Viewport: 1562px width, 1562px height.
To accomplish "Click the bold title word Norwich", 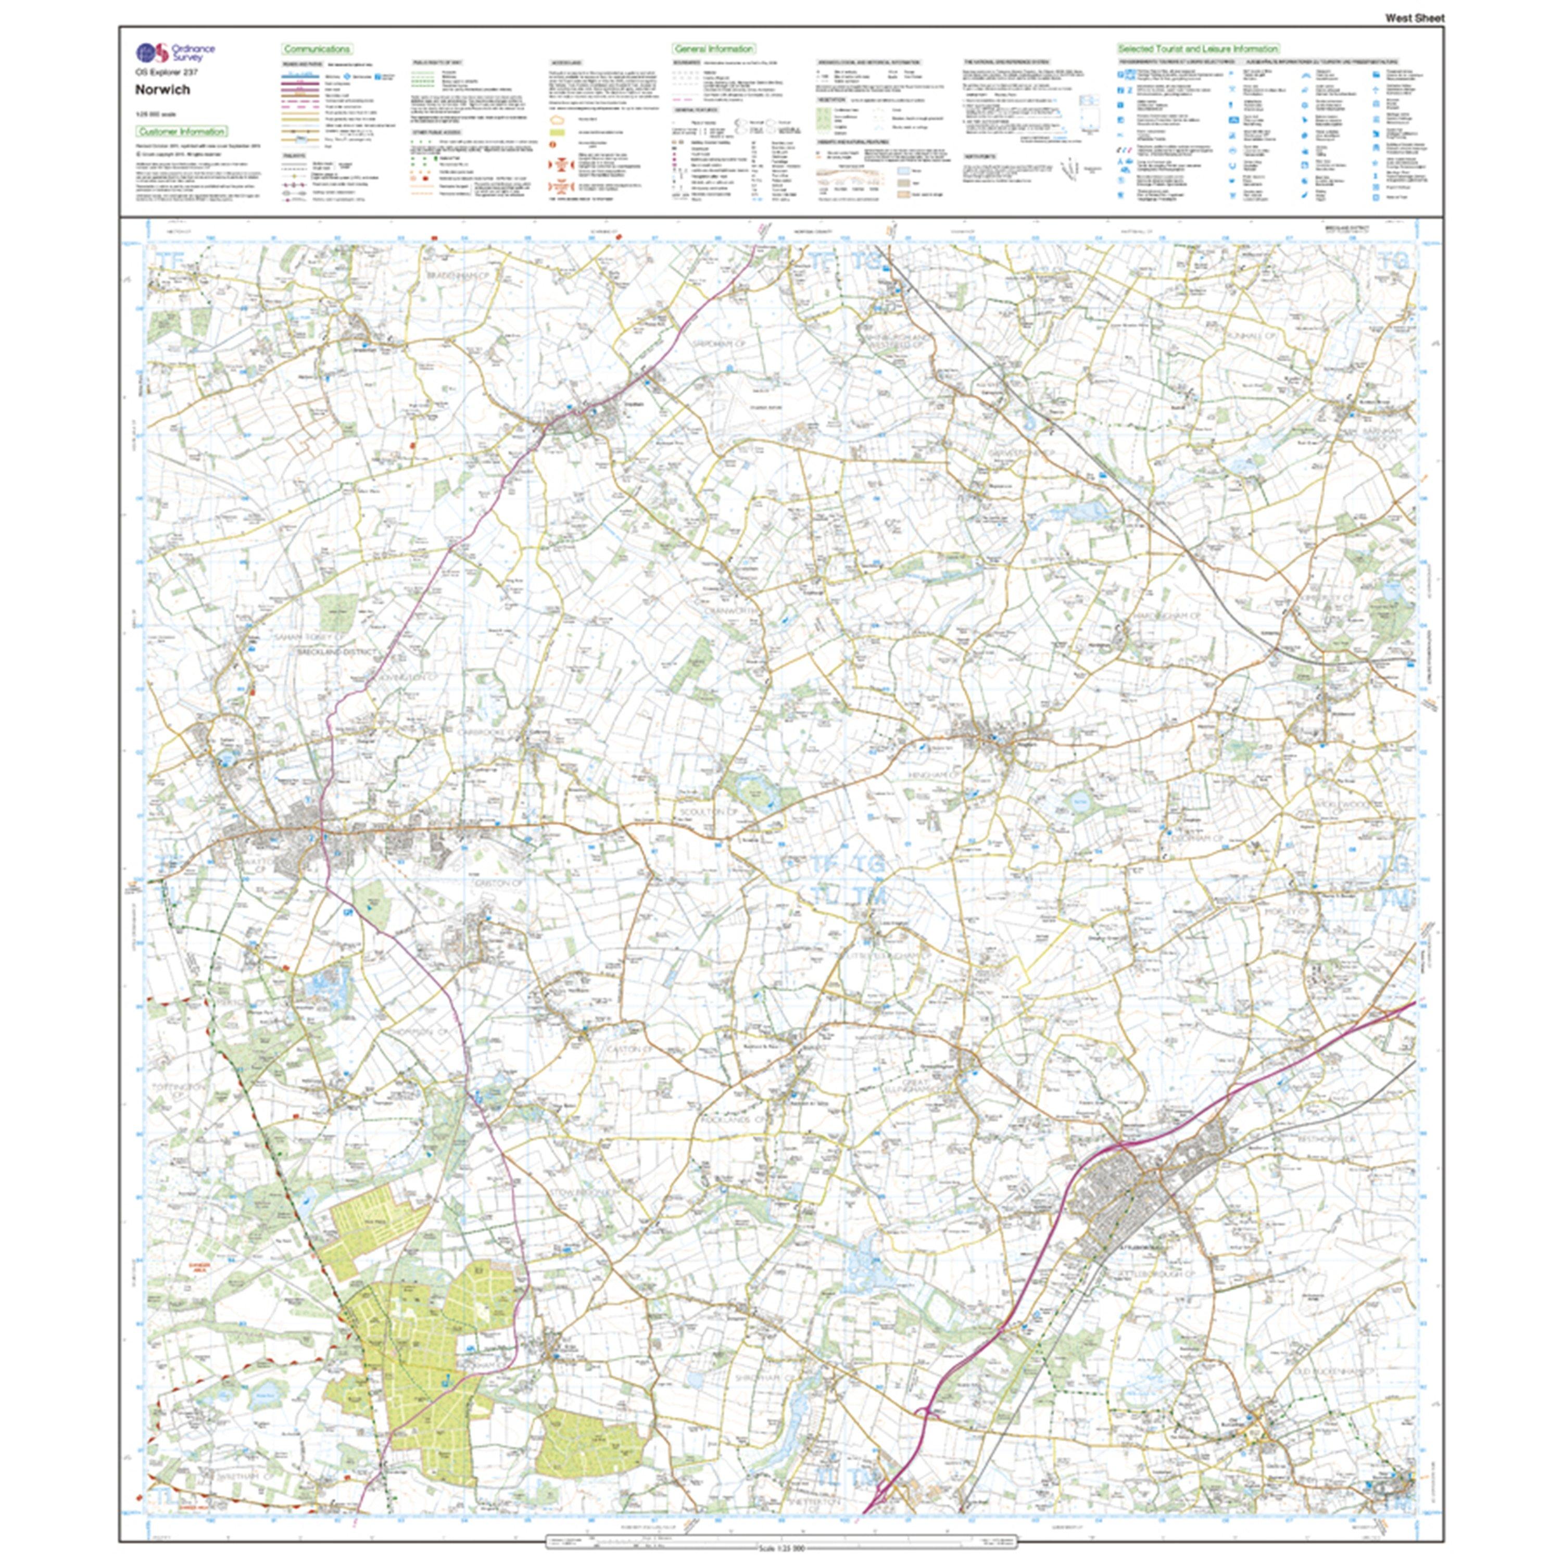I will (x=162, y=90).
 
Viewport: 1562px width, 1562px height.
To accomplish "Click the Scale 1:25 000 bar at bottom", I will (x=779, y=1547).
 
